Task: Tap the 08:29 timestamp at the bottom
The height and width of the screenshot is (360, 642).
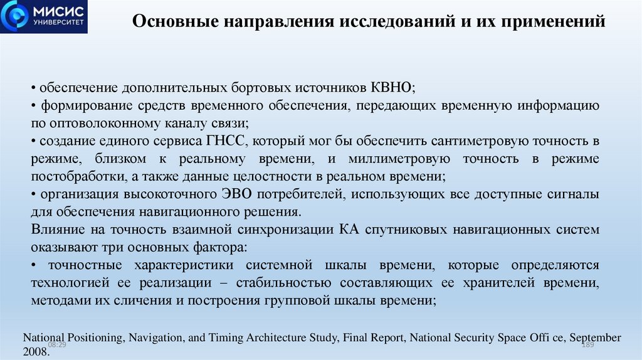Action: pos(57,346)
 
